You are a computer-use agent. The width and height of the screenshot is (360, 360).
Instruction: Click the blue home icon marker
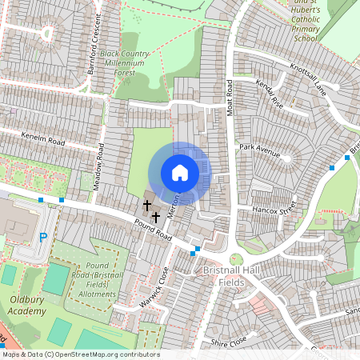pos(180,173)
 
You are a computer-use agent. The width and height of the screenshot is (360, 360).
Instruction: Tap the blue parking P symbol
pos(43,237)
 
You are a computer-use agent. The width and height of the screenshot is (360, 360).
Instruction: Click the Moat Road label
pos(229,95)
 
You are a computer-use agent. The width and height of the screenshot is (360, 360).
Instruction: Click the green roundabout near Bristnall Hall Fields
pos(236,259)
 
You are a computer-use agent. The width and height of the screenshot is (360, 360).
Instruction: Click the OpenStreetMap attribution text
pos(80,354)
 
